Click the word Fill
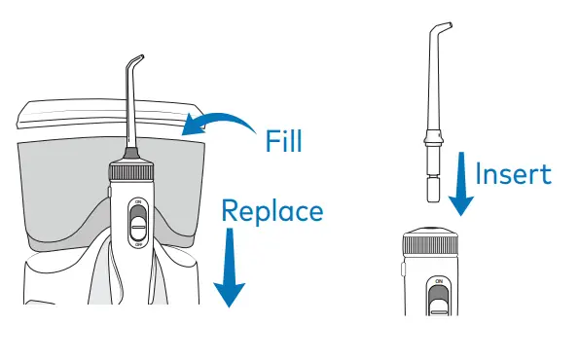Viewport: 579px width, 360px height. pos(284,141)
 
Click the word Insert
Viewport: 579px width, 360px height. pos(513,175)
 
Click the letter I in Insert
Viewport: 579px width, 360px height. pos(480,175)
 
